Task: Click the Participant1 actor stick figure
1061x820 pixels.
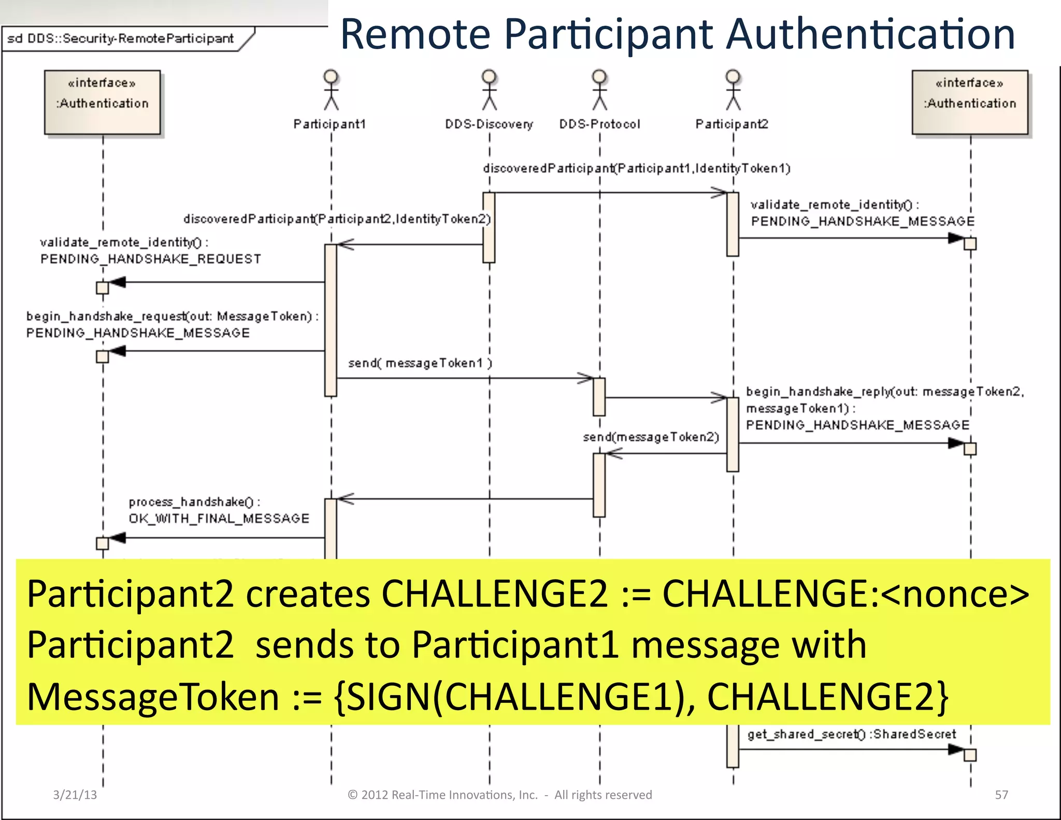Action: [331, 90]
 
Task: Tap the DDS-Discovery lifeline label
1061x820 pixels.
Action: [489, 124]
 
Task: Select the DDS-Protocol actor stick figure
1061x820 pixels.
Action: [599, 90]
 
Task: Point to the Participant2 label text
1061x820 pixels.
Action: [732, 124]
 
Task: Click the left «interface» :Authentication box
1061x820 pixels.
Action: [103, 103]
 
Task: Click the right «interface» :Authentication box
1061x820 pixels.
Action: [970, 103]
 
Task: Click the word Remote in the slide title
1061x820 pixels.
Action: [415, 34]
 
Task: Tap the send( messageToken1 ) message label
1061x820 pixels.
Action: [420, 363]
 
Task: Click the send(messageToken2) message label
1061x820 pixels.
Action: [651, 437]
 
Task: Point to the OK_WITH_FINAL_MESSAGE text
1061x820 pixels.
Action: [219, 518]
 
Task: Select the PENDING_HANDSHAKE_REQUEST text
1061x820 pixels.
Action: [150, 259]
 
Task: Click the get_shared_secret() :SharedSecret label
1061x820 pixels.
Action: [851, 734]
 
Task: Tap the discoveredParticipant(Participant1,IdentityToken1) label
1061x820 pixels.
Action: [636, 168]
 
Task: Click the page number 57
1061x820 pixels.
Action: [1001, 795]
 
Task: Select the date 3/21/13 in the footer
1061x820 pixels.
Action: [75, 795]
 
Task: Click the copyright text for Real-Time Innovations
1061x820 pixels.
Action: [499, 795]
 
